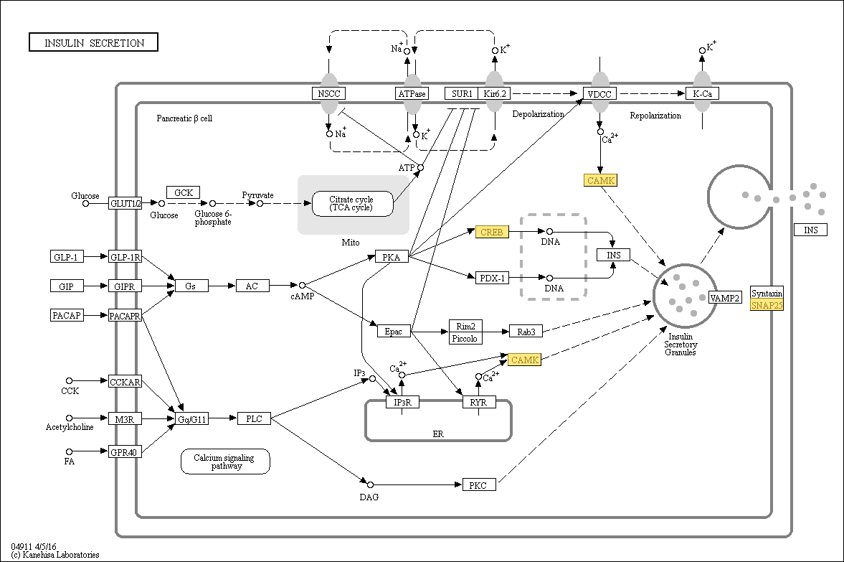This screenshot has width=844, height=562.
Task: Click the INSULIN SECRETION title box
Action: [x=93, y=42]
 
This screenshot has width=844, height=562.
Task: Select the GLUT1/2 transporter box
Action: [x=125, y=203]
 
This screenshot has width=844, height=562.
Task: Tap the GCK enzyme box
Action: [x=184, y=192]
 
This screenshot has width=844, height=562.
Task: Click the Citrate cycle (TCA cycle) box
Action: [x=353, y=204]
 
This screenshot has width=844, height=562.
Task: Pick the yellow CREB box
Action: [x=492, y=232]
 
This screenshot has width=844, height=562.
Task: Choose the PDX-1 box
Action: [x=493, y=278]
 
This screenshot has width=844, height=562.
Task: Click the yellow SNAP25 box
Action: [x=767, y=305]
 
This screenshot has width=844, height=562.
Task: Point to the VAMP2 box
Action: [x=724, y=297]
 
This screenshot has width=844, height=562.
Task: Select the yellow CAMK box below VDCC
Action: [x=601, y=180]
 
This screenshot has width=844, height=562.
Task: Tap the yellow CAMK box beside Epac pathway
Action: [x=525, y=360]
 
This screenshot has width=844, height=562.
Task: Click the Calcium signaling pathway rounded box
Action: [x=226, y=462]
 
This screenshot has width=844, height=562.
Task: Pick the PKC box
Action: [x=479, y=485]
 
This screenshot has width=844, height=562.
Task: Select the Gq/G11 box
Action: [x=191, y=418]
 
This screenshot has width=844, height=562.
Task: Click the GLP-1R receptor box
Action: [x=125, y=257]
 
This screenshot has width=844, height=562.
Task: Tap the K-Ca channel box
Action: [x=703, y=93]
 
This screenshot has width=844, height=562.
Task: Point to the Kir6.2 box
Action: [x=495, y=93]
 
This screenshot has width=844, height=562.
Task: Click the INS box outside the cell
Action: [x=810, y=230]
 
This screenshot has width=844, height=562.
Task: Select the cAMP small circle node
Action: [x=302, y=285]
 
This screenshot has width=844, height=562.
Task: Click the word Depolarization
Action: [x=539, y=114]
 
